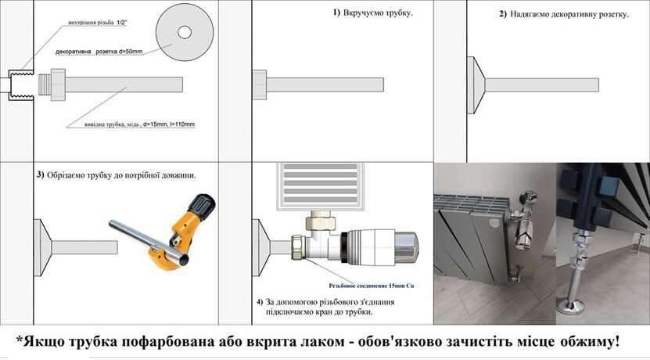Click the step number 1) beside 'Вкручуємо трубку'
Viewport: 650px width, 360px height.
tap(336, 14)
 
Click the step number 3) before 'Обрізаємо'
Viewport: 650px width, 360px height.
tap(41, 175)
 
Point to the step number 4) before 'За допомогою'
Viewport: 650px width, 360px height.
tap(260, 301)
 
